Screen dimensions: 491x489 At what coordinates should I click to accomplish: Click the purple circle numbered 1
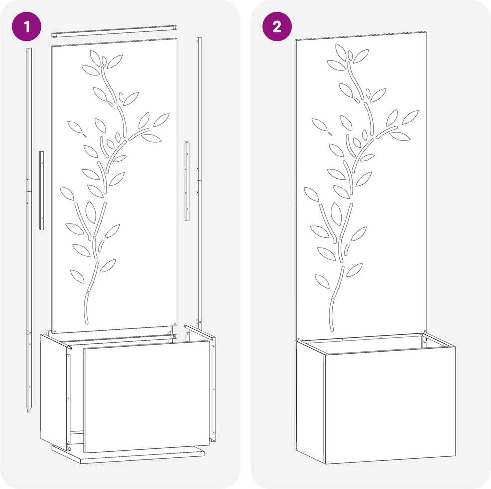pyautogui.click(x=26, y=26)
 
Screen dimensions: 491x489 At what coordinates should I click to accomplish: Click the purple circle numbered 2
pyautogui.click(x=277, y=26)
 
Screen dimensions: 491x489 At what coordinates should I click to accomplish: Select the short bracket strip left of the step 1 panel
pyautogui.click(x=42, y=190)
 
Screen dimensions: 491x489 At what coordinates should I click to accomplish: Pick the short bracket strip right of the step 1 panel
pyautogui.click(x=187, y=181)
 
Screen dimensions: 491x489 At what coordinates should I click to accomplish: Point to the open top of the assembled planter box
pyautogui.click(x=376, y=343)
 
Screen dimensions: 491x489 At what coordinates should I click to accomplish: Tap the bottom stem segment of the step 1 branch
pyautogui.click(x=87, y=307)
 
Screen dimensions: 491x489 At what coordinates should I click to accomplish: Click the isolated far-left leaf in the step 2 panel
pyautogui.click(x=319, y=124)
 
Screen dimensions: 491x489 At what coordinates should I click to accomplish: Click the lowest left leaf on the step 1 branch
pyautogui.click(x=77, y=276)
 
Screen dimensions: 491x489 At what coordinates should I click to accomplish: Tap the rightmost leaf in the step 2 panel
pyautogui.click(x=410, y=117)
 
